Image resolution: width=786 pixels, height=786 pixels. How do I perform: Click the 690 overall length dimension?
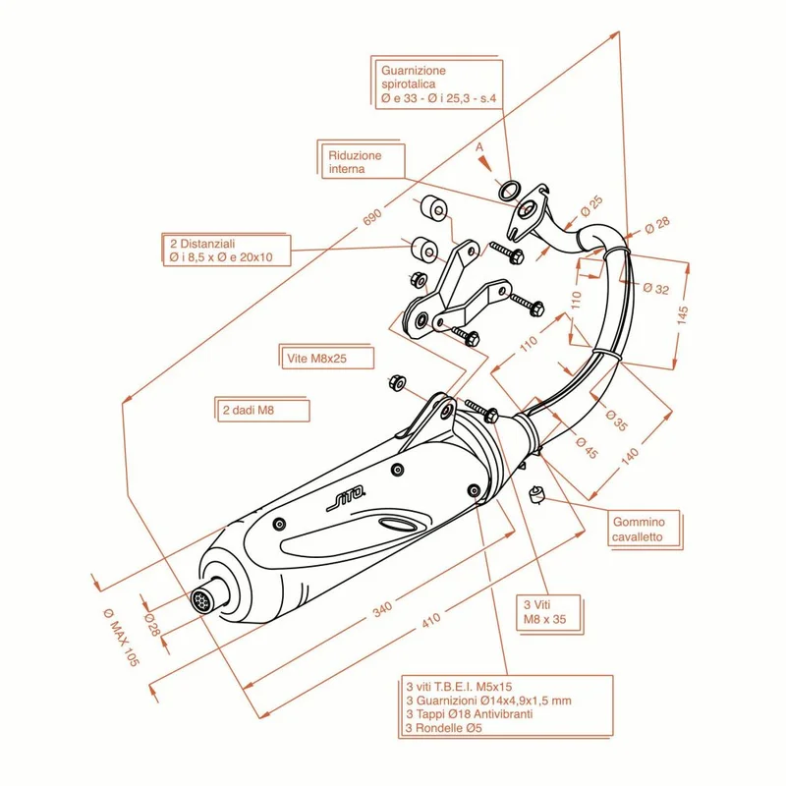(x=372, y=217)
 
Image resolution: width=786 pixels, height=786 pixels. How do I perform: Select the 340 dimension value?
(x=382, y=609)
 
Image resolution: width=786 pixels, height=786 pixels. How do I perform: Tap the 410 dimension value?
(x=431, y=620)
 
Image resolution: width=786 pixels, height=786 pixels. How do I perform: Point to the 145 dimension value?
(x=682, y=314)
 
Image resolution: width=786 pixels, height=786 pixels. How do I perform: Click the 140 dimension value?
(x=630, y=456)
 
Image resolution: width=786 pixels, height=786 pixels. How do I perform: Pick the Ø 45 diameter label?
(x=587, y=448)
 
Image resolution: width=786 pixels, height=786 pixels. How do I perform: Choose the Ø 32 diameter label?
(x=656, y=288)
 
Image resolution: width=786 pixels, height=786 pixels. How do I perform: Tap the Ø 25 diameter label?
(x=591, y=206)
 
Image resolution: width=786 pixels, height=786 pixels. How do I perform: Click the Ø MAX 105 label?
(x=120, y=637)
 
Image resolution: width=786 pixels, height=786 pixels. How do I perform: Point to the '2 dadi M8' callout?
(x=263, y=411)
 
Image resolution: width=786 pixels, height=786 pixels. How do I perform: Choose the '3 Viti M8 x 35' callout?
(x=549, y=612)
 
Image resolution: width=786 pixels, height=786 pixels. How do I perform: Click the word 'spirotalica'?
(x=409, y=84)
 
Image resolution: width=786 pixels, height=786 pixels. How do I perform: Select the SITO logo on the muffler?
(x=347, y=499)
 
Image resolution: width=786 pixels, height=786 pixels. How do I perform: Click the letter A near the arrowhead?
(x=479, y=146)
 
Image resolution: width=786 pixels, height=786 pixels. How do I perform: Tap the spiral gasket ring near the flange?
(x=509, y=191)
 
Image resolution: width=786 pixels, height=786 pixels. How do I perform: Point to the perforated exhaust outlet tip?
(x=202, y=599)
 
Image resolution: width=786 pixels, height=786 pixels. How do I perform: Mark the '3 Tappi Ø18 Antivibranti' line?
(x=470, y=714)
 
